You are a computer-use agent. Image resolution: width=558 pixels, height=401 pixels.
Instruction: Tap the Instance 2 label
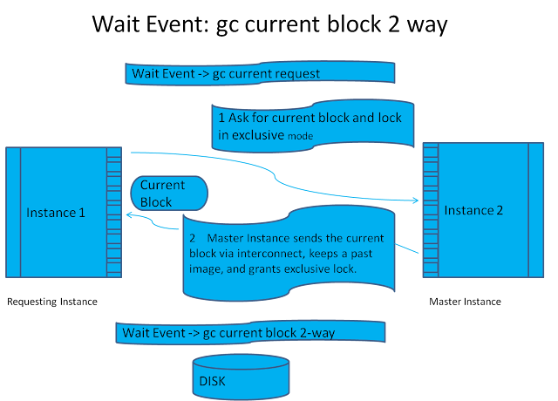click(x=473, y=211)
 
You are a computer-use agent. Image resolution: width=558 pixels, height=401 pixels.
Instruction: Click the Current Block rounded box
click(x=168, y=194)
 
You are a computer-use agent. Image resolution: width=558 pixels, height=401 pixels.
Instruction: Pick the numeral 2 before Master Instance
click(x=193, y=237)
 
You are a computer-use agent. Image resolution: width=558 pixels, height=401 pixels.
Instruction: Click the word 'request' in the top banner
click(x=291, y=73)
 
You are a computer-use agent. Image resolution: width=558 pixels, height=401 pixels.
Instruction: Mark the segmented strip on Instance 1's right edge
click(x=114, y=212)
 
